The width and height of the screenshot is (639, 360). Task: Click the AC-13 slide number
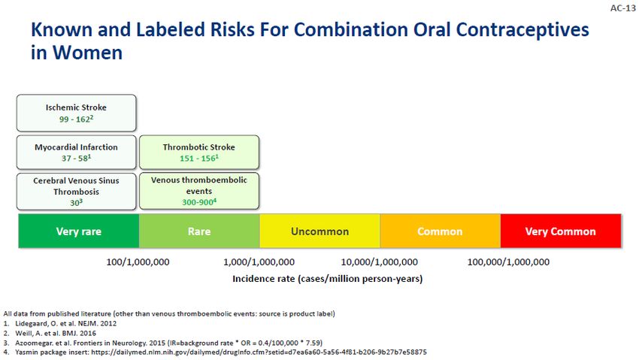tap(622, 8)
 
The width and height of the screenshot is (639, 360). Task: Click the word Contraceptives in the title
tap(522, 30)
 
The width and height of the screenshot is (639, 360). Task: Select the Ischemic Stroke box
tap(76, 113)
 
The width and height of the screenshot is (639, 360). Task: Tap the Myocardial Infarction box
tap(76, 153)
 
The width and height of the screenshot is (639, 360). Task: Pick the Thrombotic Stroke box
tap(199, 153)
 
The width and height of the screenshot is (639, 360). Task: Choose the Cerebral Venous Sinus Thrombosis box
tap(76, 192)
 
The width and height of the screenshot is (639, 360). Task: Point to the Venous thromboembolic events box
tap(199, 191)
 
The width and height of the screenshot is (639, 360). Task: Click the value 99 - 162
tap(76, 119)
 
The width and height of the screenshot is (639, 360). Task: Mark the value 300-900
tap(199, 202)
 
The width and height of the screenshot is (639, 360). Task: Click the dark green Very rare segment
tap(79, 231)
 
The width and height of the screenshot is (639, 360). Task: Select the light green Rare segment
tap(199, 231)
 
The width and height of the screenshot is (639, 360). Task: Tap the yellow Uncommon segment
tap(320, 231)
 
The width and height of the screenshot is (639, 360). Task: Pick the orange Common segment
tap(440, 231)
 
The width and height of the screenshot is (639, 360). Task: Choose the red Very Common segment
tap(561, 231)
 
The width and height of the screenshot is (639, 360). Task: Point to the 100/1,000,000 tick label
tap(138, 262)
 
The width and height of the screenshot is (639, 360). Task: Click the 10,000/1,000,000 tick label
tap(380, 262)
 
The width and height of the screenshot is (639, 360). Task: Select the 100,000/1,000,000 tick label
tap(508, 262)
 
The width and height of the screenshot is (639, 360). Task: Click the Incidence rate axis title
tap(328, 279)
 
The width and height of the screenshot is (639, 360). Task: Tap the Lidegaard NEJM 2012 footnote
tap(65, 323)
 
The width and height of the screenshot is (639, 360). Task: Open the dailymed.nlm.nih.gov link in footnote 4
tap(259, 352)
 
